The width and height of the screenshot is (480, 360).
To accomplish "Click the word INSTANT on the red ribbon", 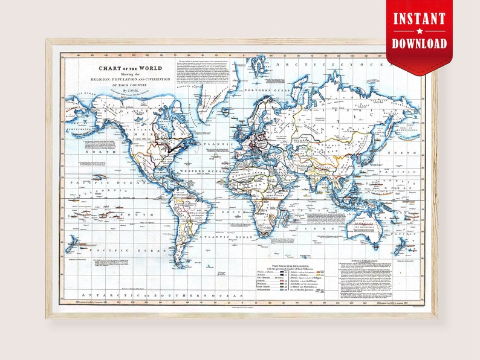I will (420, 18).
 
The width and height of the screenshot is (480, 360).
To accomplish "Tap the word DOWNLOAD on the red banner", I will (420, 43).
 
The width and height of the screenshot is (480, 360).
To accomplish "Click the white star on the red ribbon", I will (420, 31).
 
